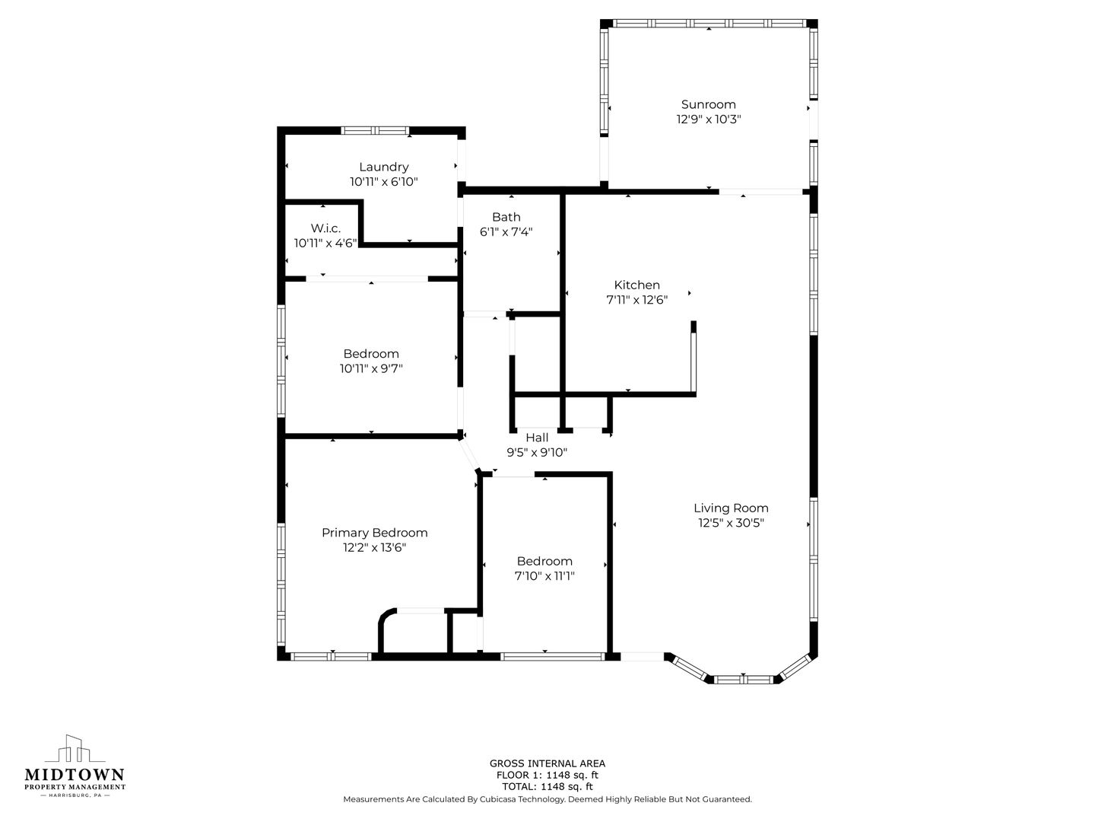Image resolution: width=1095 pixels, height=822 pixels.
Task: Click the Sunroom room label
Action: [709, 104]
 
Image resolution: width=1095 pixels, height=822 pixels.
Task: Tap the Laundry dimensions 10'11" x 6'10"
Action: [383, 182]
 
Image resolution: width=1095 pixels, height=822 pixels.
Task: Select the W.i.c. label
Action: [325, 228]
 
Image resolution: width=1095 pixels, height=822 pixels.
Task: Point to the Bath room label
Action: [506, 217]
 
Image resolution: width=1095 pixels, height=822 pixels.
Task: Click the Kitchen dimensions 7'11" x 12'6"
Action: [637, 300]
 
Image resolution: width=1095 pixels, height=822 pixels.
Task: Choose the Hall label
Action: [538, 438]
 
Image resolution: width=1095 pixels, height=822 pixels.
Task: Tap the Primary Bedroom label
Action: [375, 533]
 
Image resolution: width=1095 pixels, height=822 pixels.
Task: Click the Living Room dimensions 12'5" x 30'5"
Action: [732, 523]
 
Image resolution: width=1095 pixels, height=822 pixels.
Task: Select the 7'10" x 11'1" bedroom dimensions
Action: [544, 576]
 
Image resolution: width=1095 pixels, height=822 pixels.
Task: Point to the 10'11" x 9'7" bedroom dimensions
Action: [371, 369]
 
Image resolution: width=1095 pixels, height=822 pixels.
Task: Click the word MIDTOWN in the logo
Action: [75, 775]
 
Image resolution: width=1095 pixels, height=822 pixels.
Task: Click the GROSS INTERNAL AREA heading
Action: [547, 763]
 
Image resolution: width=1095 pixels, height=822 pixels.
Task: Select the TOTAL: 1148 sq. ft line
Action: [547, 786]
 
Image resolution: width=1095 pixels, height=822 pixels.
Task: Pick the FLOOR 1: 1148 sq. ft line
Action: [547, 775]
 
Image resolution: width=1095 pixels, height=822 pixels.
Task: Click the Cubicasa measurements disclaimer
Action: [547, 799]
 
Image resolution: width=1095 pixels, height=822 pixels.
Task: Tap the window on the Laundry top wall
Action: [375, 131]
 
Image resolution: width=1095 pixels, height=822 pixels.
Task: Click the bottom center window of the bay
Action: [743, 679]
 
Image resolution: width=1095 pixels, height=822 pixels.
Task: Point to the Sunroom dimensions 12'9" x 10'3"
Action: [709, 119]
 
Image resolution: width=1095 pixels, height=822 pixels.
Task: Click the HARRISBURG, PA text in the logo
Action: [75, 795]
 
